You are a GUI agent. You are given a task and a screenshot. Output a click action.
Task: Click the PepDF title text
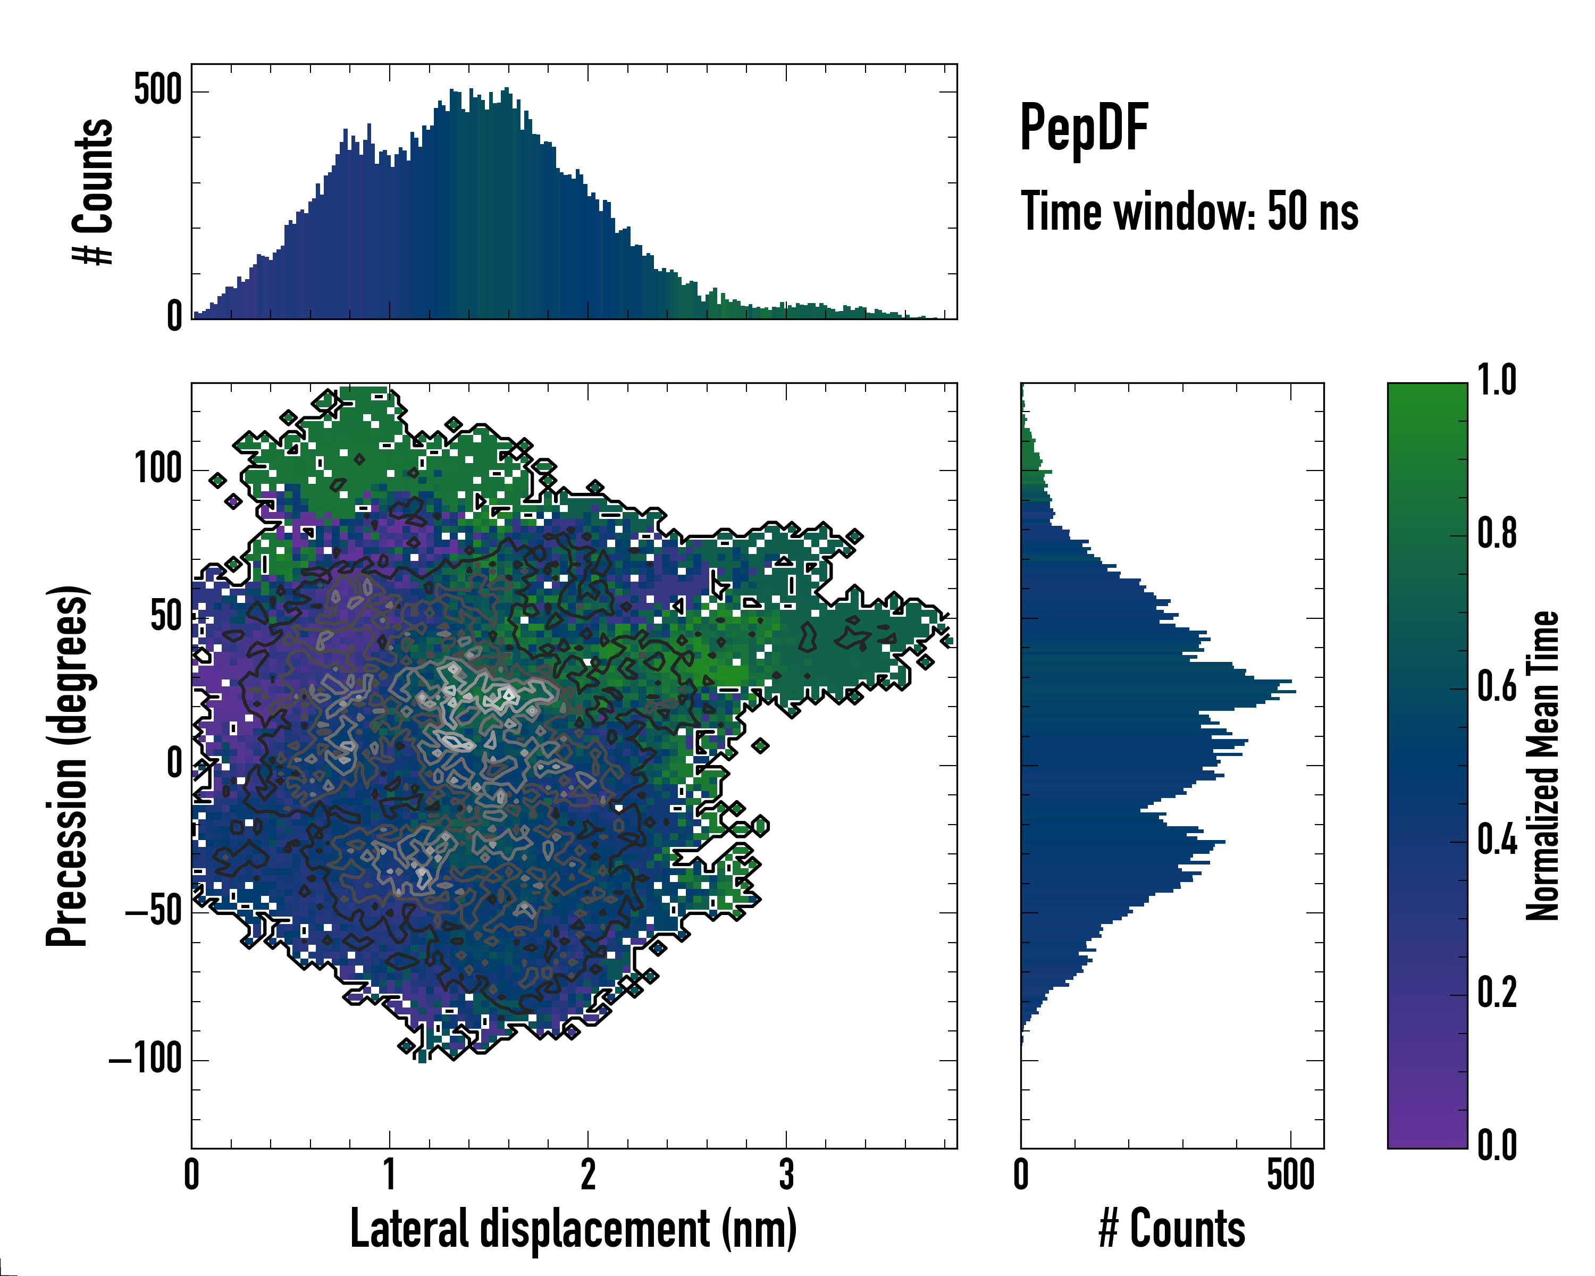tap(1083, 129)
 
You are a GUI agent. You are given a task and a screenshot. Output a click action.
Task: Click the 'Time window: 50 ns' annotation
tap(1189, 212)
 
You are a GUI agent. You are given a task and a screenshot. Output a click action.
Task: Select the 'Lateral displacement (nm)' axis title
tap(573, 1229)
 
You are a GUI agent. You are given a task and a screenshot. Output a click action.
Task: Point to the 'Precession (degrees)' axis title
tap(68, 766)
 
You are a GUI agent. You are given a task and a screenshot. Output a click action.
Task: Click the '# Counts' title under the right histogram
tap(1172, 1229)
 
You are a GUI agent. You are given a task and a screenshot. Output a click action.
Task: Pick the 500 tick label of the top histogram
tap(157, 92)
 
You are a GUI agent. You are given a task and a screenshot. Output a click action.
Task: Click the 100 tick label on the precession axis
tap(157, 469)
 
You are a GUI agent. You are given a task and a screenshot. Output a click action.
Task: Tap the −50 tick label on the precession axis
tap(153, 912)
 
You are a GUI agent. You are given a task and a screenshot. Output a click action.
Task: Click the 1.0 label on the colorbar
tap(1497, 382)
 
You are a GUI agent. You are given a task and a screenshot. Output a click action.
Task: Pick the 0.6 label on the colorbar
tap(1497, 688)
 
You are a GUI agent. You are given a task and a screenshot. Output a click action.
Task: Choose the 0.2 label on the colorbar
tap(1497, 994)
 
